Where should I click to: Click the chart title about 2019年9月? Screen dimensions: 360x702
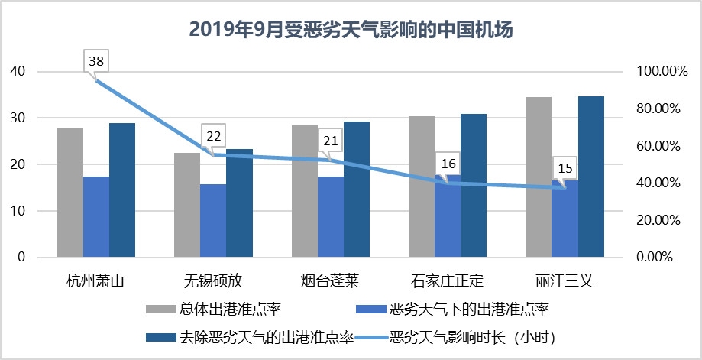click(x=351, y=30)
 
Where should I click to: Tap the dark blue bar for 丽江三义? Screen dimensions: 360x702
click(x=591, y=177)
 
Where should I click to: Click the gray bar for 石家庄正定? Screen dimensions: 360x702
click(x=421, y=186)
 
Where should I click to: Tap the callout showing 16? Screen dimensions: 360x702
click(x=448, y=164)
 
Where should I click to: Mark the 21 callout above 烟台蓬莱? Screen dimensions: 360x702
click(x=331, y=141)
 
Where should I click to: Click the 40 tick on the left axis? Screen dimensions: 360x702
click(x=17, y=72)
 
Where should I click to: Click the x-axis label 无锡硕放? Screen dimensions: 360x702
click(x=213, y=280)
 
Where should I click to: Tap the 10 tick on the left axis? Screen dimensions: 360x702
click(x=17, y=211)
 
